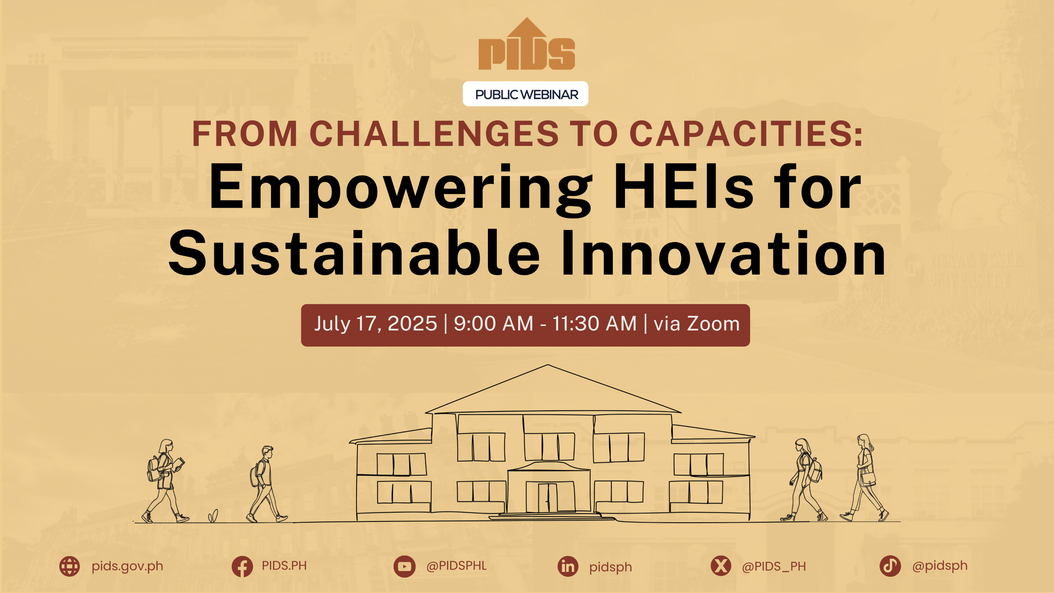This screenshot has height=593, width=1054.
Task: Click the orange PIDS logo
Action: tap(527, 44)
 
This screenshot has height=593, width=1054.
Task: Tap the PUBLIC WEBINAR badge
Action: tap(526, 94)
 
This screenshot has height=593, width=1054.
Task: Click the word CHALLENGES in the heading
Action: tap(434, 134)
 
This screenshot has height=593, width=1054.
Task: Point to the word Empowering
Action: tap(401, 188)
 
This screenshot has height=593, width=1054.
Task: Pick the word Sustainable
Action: tap(354, 253)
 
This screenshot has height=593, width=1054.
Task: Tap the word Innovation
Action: tap(724, 253)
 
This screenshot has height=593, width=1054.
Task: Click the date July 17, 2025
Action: tap(375, 324)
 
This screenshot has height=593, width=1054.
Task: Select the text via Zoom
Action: tap(697, 324)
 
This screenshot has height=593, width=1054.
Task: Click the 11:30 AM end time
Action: tap(594, 324)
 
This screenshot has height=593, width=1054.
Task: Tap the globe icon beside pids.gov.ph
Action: tap(69, 566)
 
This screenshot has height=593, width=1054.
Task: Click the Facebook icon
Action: tap(242, 566)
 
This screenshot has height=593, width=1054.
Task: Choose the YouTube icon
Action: tap(404, 567)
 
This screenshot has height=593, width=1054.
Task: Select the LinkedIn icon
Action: tap(568, 566)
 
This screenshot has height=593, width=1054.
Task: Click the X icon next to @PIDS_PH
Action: tap(721, 566)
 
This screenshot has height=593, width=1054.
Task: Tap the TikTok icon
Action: tap(890, 566)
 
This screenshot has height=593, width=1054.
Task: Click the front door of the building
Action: tap(548, 498)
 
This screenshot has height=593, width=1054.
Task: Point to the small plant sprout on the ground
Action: tap(213, 516)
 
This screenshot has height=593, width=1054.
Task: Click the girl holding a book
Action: tap(165, 481)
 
